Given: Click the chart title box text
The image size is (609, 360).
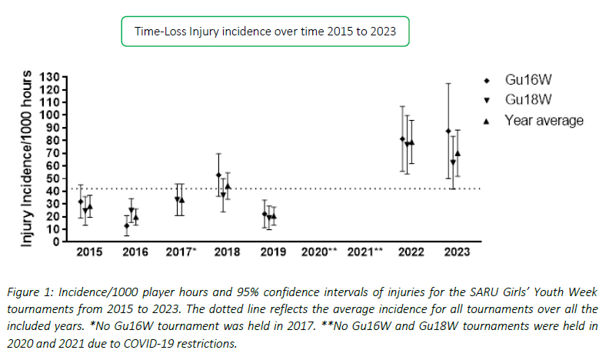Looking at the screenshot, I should [265, 32].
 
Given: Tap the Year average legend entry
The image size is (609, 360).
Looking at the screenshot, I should [543, 120].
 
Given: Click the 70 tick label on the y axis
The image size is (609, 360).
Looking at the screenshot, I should [52, 153].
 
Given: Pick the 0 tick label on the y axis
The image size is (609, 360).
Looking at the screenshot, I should [55, 242].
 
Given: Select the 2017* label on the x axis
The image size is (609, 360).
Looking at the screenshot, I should [181, 252].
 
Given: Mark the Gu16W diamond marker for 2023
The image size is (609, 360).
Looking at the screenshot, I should [448, 131].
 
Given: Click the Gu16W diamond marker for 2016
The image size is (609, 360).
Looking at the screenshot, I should [126, 225].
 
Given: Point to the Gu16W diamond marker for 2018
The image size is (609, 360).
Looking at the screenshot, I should [218, 175].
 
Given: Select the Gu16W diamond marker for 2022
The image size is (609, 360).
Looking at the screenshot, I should [402, 139].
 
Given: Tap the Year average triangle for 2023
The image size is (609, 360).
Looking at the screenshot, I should [458, 153].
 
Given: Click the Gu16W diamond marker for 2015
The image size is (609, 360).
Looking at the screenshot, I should [81, 202].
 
